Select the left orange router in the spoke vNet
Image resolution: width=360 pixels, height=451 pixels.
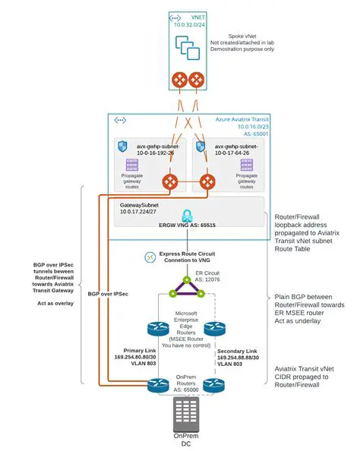coord(179,78)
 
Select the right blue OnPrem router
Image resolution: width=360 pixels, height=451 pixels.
coord(215,385)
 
